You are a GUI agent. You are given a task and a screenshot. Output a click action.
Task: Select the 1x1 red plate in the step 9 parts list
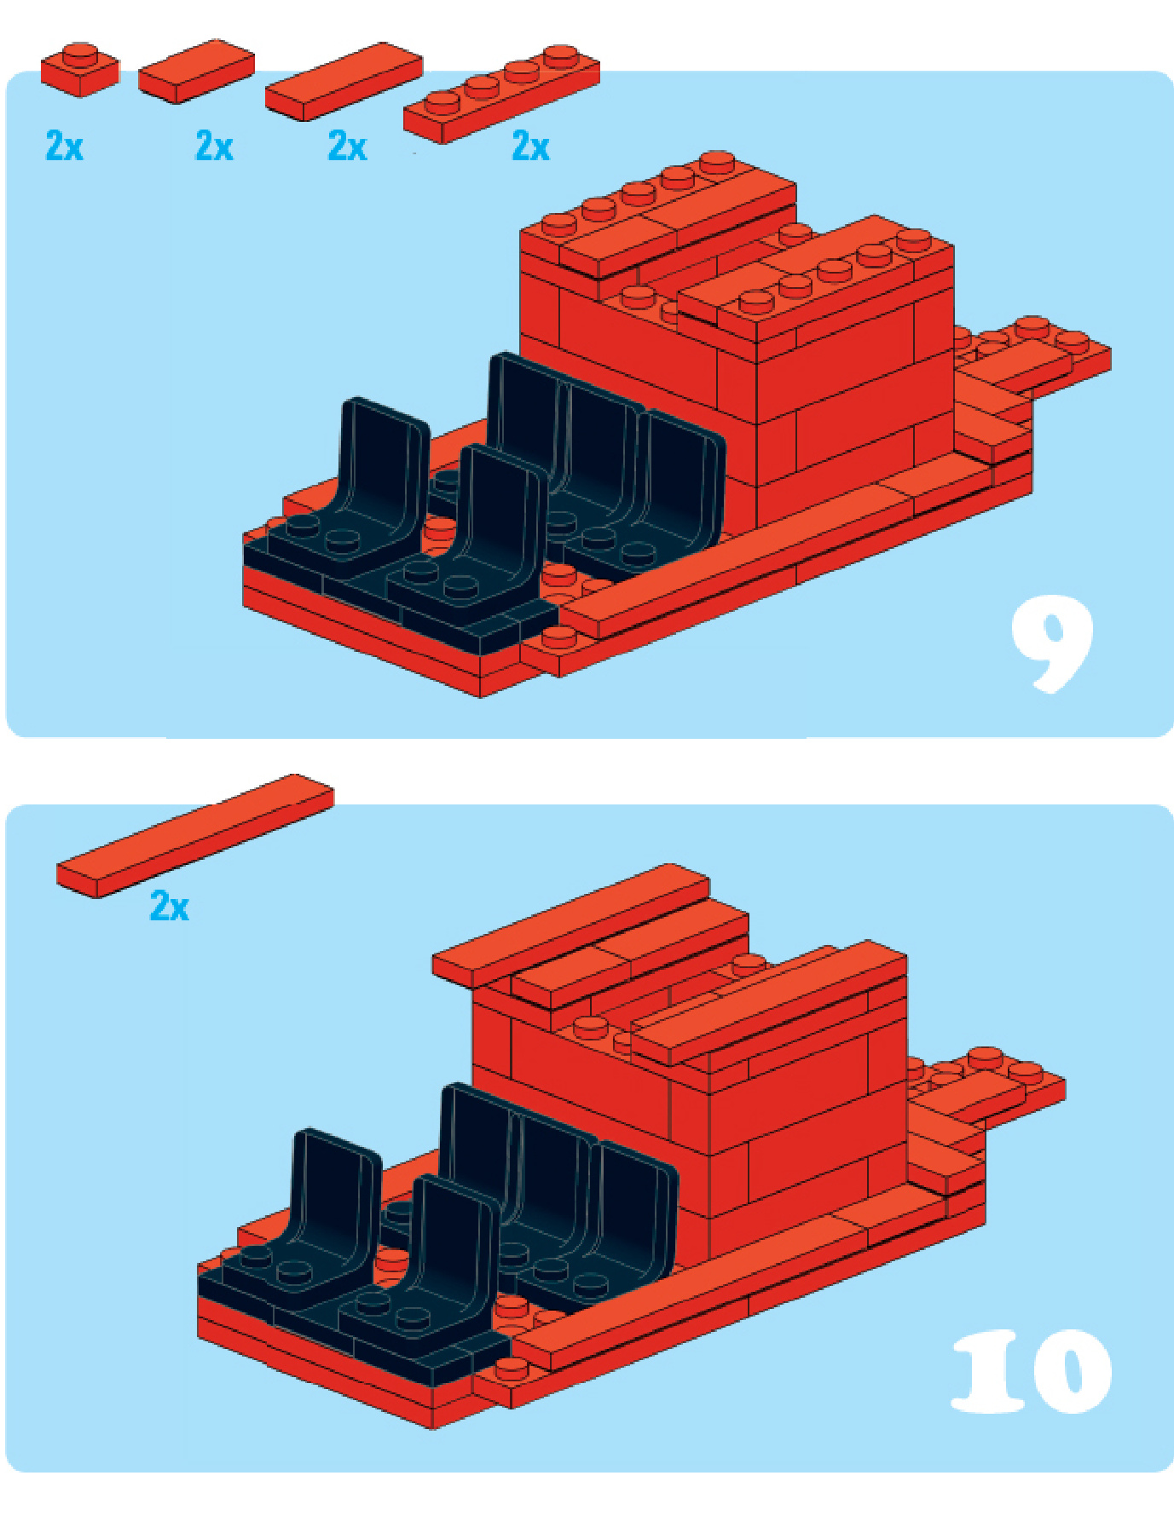(x=79, y=69)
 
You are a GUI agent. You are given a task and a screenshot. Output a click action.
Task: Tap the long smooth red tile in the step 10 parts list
(x=195, y=835)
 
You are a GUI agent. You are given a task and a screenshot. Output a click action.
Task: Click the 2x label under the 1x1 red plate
(x=65, y=146)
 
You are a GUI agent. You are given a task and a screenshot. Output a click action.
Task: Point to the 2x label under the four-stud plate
(x=530, y=146)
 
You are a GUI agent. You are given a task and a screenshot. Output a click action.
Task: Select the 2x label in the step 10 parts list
(x=169, y=905)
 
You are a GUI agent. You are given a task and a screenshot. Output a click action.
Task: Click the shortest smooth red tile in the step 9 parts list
(x=196, y=71)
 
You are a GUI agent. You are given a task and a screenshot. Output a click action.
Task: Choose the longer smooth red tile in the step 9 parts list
(x=344, y=81)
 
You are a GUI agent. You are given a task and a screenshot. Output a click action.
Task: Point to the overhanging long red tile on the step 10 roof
(x=570, y=925)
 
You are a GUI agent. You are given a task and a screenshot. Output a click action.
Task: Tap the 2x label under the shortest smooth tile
(x=214, y=146)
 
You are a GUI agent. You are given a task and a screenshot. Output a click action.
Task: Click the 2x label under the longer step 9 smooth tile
(x=347, y=146)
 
